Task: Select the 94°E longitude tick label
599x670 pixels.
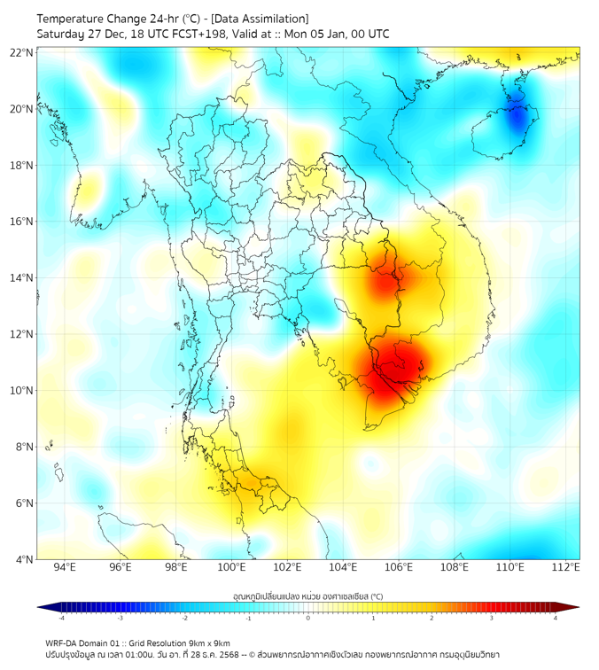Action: (65, 567)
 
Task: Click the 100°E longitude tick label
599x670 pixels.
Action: (232, 567)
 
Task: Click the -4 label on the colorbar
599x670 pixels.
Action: (61, 618)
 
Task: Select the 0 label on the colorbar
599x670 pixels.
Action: (308, 618)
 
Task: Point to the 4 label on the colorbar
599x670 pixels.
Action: (555, 618)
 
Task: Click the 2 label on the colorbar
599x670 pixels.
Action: (432, 618)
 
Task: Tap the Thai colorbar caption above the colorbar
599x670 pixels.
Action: (307, 596)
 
